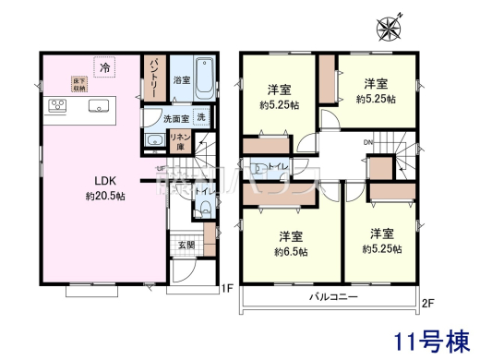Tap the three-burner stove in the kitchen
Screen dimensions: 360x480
55,106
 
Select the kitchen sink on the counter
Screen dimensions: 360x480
97,106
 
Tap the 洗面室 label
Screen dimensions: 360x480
174,118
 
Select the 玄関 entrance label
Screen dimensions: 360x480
186,246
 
